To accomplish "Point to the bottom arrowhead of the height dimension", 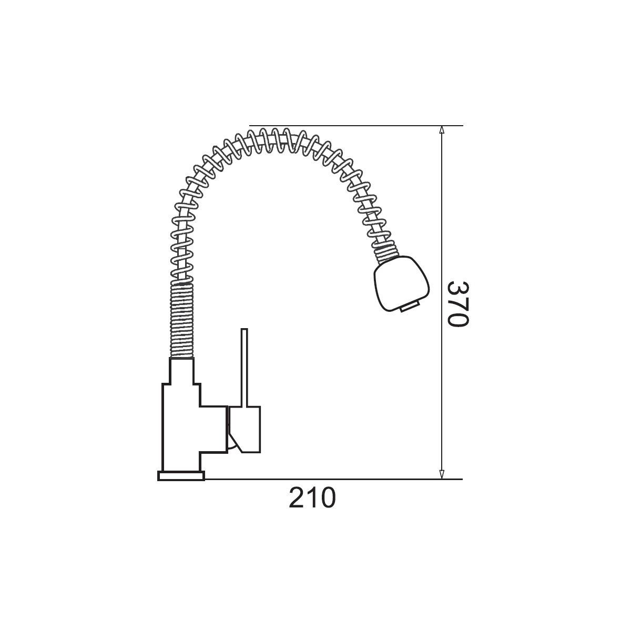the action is tap(441, 475).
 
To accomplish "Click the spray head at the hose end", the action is tap(401, 283).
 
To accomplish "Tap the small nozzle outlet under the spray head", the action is tap(410, 307).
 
